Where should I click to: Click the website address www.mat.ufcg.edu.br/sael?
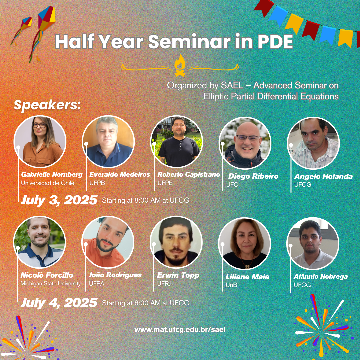180,330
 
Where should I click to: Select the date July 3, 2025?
59,200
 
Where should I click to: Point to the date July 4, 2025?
59,303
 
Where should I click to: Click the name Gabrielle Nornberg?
52,174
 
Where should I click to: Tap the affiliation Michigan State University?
51,284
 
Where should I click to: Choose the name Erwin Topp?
178,275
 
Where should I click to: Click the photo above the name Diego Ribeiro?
245,143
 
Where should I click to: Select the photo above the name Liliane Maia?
245,244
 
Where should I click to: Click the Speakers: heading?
47,105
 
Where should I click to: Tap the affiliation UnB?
231,285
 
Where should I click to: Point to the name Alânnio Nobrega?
321,276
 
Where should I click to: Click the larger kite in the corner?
44,32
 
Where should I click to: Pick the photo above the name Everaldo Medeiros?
108,142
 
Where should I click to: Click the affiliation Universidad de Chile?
48,183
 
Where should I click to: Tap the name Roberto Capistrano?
189,174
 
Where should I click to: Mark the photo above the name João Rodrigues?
108,242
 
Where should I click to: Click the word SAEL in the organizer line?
232,85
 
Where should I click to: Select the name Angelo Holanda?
323,176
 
